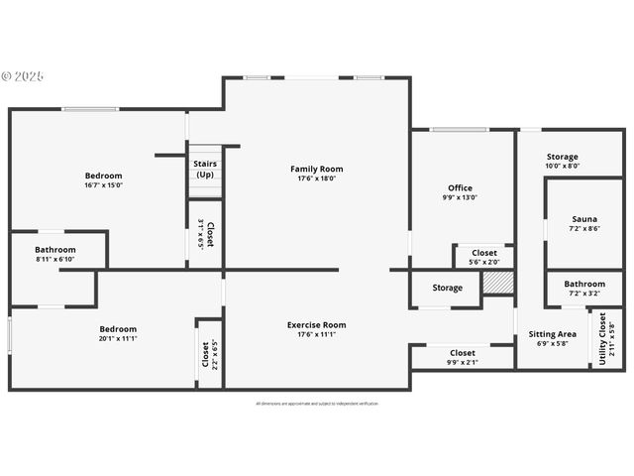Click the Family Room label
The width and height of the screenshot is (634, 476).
317,169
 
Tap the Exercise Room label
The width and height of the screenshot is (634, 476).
317,324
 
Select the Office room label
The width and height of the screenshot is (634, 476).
460,187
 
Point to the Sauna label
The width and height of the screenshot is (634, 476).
584,218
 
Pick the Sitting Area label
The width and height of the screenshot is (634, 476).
553,334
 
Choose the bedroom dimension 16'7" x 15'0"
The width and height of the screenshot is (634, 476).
104,185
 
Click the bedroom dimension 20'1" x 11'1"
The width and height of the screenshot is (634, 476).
118,338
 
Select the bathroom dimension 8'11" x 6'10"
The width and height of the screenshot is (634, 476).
55,260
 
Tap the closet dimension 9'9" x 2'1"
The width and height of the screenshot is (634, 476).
463,362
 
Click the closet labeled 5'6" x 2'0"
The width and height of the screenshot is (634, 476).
484,263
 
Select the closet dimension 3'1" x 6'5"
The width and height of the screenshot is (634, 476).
201,234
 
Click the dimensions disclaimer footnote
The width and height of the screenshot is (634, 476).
317,404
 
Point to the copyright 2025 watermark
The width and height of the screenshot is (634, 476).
24,75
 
